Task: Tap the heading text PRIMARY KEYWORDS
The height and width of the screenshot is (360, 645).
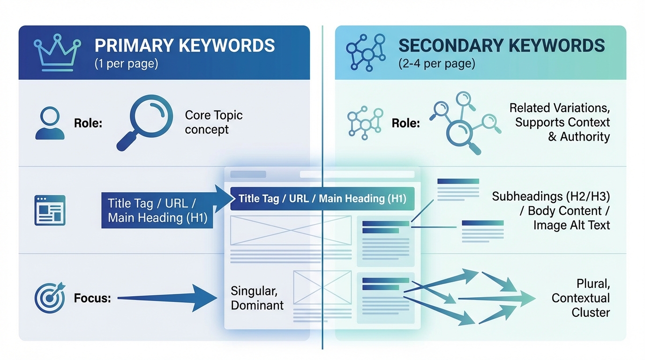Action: [185, 45]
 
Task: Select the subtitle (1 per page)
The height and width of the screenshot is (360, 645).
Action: [126, 64]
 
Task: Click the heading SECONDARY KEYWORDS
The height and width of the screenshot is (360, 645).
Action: [502, 45]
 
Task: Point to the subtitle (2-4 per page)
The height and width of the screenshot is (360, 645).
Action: [436, 64]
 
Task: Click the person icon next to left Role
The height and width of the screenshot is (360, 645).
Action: [50, 123]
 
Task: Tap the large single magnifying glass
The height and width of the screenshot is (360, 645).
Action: [144, 121]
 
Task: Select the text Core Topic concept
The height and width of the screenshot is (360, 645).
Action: [213, 122]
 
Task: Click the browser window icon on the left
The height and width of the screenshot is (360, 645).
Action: [50, 210]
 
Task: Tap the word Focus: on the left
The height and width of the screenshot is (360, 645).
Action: [92, 298]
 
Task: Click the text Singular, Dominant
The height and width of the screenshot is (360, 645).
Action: [257, 298]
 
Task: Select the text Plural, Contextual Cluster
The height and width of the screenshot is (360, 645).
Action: [581, 298]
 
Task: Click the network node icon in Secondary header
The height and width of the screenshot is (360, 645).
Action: [366, 52]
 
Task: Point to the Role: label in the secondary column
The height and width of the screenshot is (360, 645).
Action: [406, 123]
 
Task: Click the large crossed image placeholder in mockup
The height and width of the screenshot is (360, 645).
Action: [291, 230]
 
